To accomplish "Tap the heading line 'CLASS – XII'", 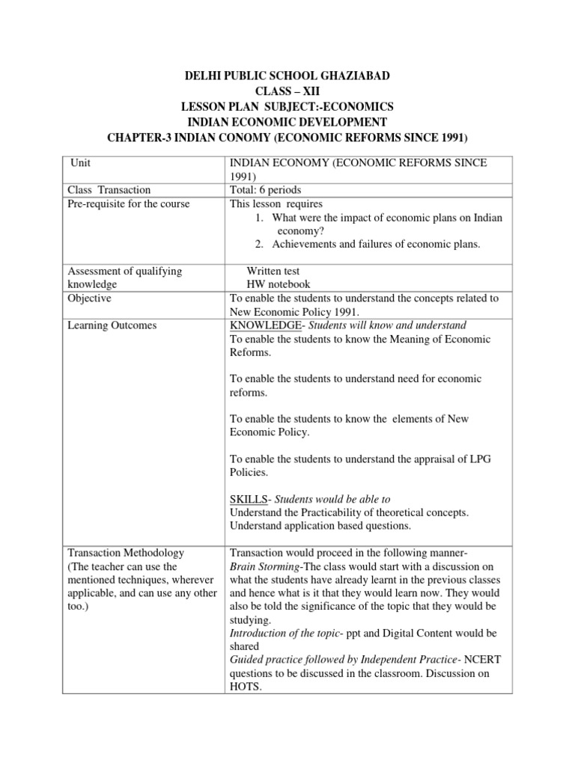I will pyautogui.click(x=287, y=91).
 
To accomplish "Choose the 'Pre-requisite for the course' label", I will pyautogui.click(x=128, y=203).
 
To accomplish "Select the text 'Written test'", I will pyautogui.click(x=273, y=271).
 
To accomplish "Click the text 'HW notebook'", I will pyautogui.click(x=279, y=284).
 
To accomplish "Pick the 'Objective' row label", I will pyautogui.click(x=89, y=298).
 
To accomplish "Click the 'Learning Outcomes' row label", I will pyautogui.click(x=109, y=325).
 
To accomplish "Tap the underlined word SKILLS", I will pyautogui.click(x=247, y=499).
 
